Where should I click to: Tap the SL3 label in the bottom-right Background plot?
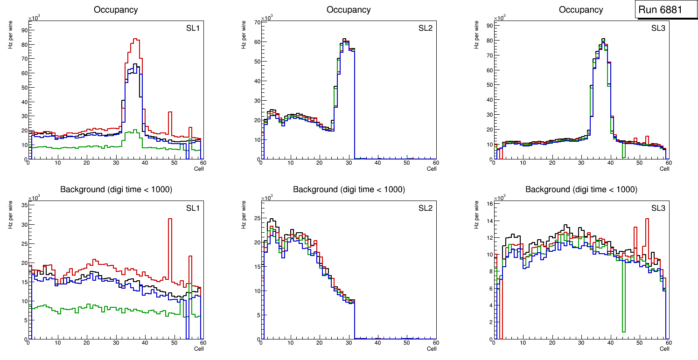tap(658, 208)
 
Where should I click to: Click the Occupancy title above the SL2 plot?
tap(349, 10)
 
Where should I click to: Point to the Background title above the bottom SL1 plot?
tap(116, 189)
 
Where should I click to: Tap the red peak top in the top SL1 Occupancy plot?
tap(135, 39)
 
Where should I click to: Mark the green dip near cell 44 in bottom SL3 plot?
tap(623, 331)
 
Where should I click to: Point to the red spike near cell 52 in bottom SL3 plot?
tap(647, 219)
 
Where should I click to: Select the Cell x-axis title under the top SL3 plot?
tap(664, 169)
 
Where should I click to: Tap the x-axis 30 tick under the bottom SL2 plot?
tap(348, 343)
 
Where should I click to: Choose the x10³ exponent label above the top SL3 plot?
tap(500, 18)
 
